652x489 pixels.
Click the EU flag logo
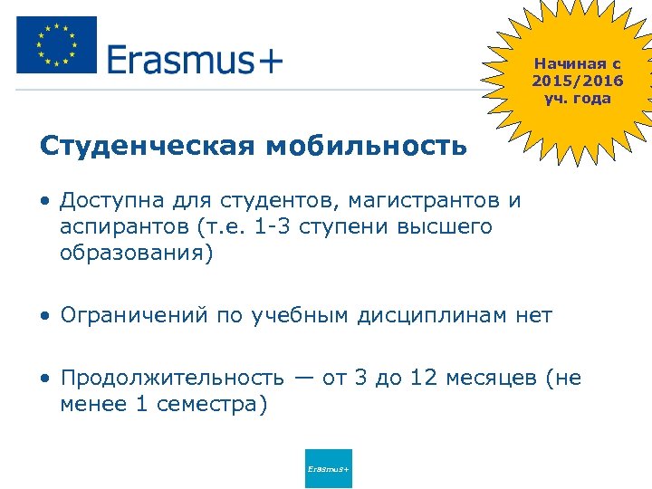(56, 45)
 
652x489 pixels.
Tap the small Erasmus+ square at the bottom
(329, 468)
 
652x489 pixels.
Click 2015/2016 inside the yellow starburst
(578, 81)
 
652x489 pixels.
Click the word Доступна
(110, 200)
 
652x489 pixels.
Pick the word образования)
(137, 253)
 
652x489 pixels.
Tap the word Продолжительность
(172, 378)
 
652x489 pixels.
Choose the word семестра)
(213, 404)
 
